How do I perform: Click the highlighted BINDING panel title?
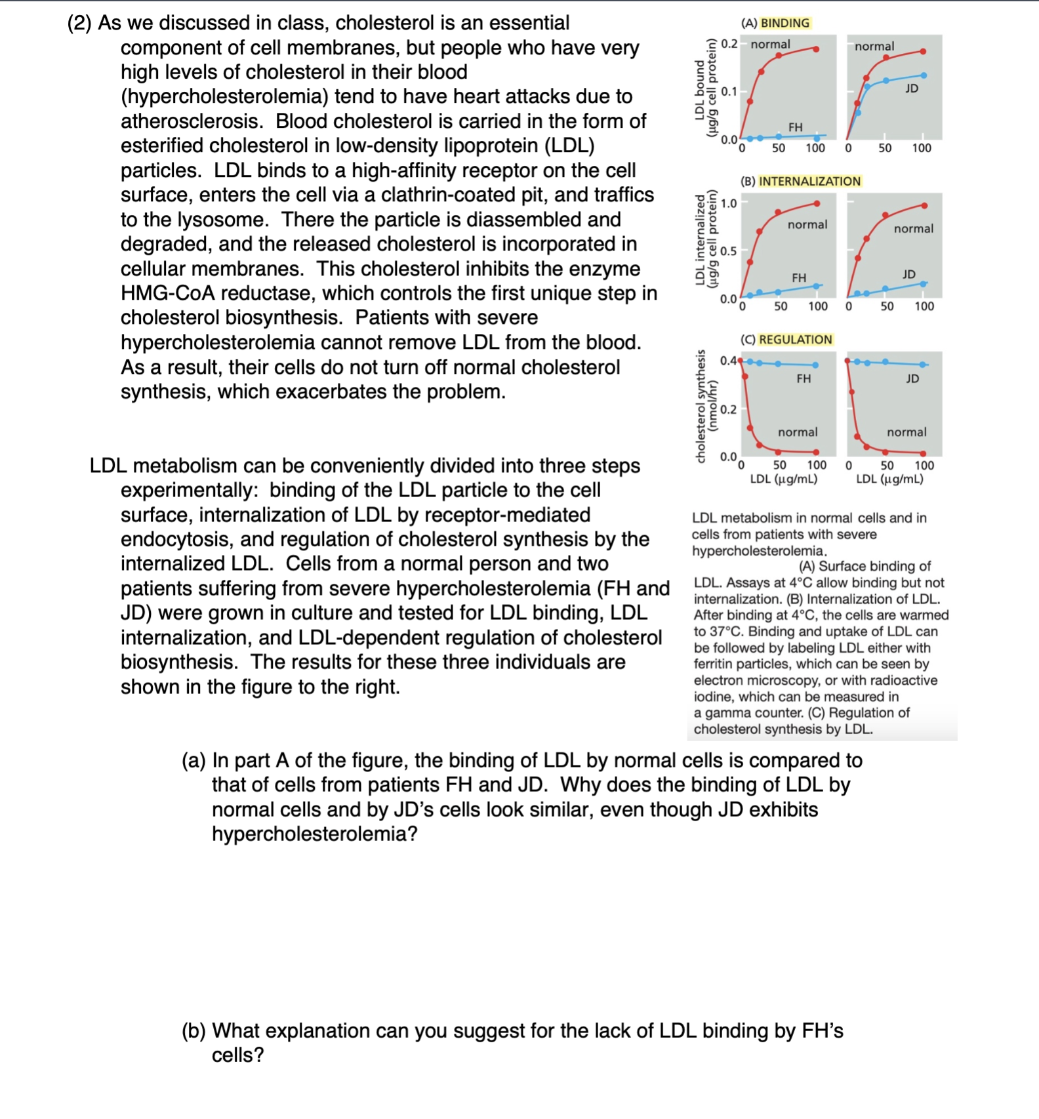coord(784,23)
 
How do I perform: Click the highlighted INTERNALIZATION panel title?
coord(809,181)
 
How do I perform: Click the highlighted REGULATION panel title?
coord(795,339)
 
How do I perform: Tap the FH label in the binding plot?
coord(795,127)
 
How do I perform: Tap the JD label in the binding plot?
coord(912,88)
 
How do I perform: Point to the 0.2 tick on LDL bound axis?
coord(729,44)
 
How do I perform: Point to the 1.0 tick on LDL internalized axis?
coord(728,203)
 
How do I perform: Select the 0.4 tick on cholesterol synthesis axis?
coord(728,360)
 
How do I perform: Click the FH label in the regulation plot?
coord(804,378)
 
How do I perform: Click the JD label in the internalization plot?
coord(908,274)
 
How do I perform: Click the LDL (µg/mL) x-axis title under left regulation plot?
coord(784,479)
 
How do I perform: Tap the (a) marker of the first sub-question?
coord(194,760)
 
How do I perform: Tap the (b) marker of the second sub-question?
coord(194,1030)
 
